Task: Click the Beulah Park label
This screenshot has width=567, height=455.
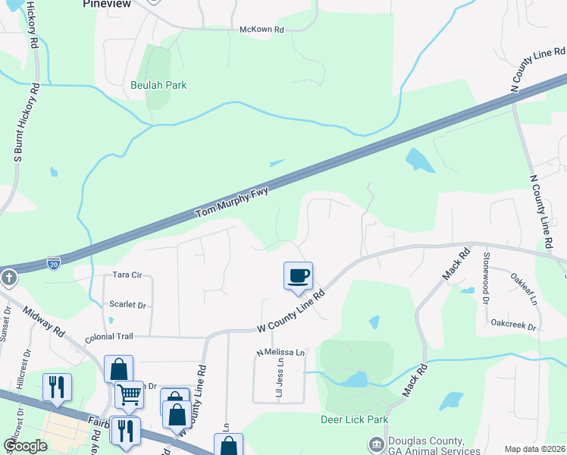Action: coord(158,85)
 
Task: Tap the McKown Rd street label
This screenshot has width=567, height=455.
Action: coord(261,30)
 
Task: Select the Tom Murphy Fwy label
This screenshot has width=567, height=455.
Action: coord(233,202)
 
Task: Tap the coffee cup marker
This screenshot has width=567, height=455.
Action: coord(298,275)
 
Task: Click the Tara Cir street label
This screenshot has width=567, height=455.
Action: coord(127,275)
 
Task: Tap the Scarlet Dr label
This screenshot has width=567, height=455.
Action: coord(127,304)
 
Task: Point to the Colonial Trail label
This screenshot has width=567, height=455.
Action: coord(108,336)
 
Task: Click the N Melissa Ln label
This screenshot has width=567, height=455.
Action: coord(280,353)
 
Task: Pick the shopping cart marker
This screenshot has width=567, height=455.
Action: coord(129,394)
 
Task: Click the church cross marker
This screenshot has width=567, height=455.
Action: coord(8,278)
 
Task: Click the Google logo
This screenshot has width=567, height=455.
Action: coord(26,446)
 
